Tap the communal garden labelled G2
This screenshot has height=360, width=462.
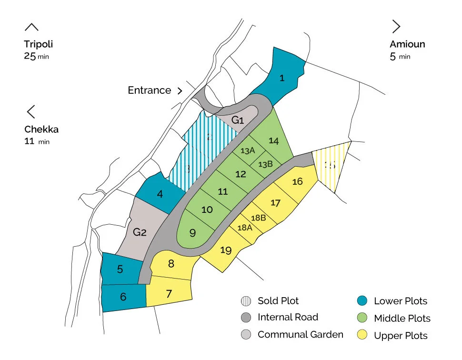click(140, 232)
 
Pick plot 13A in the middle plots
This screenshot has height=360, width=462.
click(248, 151)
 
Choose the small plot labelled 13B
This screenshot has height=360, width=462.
click(265, 164)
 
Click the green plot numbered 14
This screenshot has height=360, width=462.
click(273, 140)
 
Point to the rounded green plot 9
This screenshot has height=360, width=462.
click(193, 233)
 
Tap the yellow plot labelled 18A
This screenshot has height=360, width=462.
click(244, 228)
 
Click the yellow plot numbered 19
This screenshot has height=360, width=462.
click(226, 250)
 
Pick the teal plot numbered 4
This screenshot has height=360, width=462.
click(160, 194)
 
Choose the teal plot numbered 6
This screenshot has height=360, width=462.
click(123, 297)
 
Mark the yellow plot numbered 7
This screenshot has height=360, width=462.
click(169, 294)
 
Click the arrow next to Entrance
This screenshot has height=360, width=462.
click(180, 90)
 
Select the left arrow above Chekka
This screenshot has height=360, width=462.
click(31, 112)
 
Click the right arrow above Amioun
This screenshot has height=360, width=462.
click(396, 26)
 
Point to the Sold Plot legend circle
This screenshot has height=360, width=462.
click(245, 301)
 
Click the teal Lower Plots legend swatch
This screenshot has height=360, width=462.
click(362, 301)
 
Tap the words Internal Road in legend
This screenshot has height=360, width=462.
click(288, 317)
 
